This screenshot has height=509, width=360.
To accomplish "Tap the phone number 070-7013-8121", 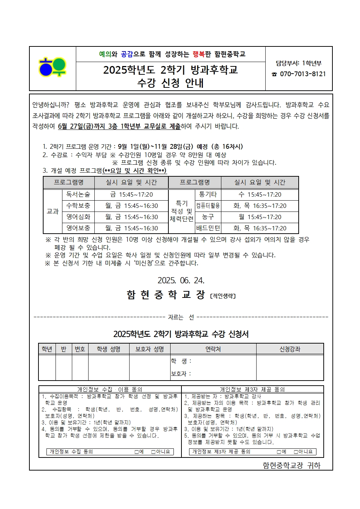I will click(x=302, y=74).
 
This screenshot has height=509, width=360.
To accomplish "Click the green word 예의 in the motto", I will click(x=105, y=54).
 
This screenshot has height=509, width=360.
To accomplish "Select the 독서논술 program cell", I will click(x=78, y=195).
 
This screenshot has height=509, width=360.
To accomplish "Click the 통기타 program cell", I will click(x=208, y=195).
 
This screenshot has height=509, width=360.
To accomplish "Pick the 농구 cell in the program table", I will click(x=208, y=217).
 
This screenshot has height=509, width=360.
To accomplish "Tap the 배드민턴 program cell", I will click(x=208, y=228).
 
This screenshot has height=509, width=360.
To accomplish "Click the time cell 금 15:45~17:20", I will click(x=131, y=195).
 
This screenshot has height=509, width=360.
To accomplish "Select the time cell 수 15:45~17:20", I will click(x=260, y=195).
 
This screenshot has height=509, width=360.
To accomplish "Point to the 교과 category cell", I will click(x=53, y=211).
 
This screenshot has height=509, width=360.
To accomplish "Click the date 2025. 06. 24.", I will click(x=181, y=280).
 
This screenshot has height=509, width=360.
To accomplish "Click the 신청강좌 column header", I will click(x=290, y=349).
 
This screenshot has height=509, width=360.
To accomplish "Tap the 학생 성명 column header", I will click(x=109, y=349).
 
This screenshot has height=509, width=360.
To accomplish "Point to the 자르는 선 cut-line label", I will click(x=181, y=317).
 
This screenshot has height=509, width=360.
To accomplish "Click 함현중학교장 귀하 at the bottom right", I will click(x=291, y=465).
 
